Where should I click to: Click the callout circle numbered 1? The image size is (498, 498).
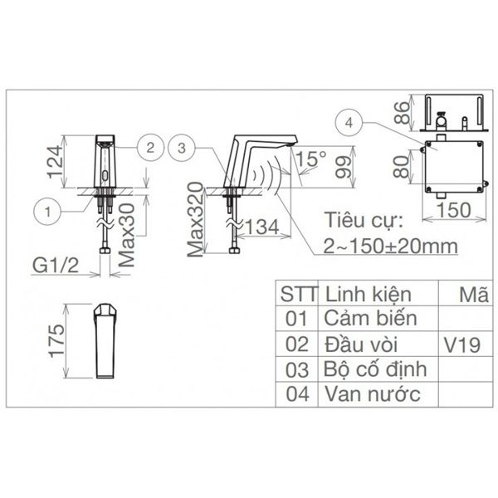point(49,212)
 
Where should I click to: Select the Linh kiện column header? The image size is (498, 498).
point(370,294)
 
